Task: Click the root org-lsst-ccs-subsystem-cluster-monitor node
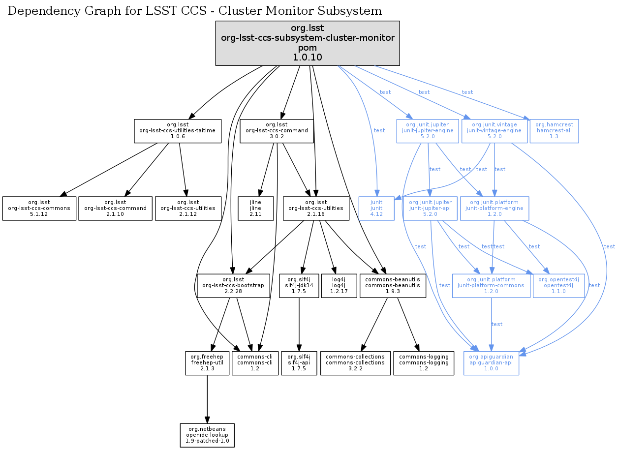[308, 43]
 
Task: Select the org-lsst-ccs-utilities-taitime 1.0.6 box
[178, 131]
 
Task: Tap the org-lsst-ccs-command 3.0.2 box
[277, 131]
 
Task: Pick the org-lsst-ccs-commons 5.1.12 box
[39, 209]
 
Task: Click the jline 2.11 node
[255, 209]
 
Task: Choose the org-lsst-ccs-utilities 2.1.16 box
[316, 209]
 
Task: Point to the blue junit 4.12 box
[376, 209]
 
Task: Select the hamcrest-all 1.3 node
[554, 131]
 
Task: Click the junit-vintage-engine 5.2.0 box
[494, 131]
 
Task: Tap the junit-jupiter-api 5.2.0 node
[430, 209]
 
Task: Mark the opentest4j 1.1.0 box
[558, 285]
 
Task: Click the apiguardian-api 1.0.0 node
[491, 363]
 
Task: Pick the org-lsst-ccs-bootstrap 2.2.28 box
[234, 285]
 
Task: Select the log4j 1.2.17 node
[339, 285]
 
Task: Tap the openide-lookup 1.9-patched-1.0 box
[207, 435]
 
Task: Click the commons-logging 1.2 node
[424, 363]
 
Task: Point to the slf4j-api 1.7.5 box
[299, 363]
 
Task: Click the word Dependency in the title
[36, 11]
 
